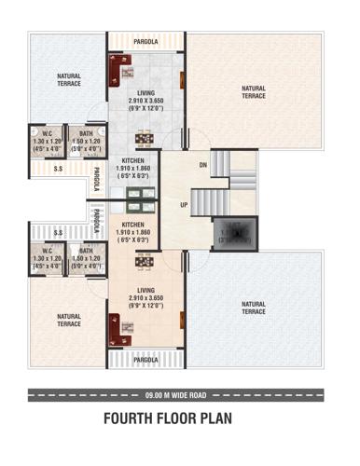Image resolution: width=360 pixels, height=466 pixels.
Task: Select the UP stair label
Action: coord(184,204)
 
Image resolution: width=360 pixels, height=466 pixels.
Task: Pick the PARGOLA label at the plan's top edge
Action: coord(145,42)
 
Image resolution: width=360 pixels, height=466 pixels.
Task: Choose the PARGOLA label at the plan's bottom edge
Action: coord(145,359)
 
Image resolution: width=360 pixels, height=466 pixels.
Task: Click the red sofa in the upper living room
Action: coord(119,69)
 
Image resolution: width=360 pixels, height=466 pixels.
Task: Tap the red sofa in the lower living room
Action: coord(119,328)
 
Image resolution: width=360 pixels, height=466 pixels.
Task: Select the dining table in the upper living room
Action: coord(145,138)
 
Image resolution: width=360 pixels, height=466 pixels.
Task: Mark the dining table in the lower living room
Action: coord(145,262)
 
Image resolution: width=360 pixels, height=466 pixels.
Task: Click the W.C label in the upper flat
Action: coord(47,133)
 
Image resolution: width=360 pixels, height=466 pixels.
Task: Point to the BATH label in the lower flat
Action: coord(85,250)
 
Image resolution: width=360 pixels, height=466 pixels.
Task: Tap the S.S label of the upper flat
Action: coord(58,169)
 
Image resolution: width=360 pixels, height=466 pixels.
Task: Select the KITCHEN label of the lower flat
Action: coord(133,225)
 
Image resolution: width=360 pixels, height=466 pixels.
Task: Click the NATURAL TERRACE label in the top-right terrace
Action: coord(254,92)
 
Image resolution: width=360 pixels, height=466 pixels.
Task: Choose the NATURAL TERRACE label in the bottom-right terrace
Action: coord(254,307)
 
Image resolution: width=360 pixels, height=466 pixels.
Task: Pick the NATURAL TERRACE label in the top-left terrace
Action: coord(68,79)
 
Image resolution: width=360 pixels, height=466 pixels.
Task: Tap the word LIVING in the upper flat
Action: coord(145,93)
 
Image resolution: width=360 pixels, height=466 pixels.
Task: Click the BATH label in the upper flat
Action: coord(85,133)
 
